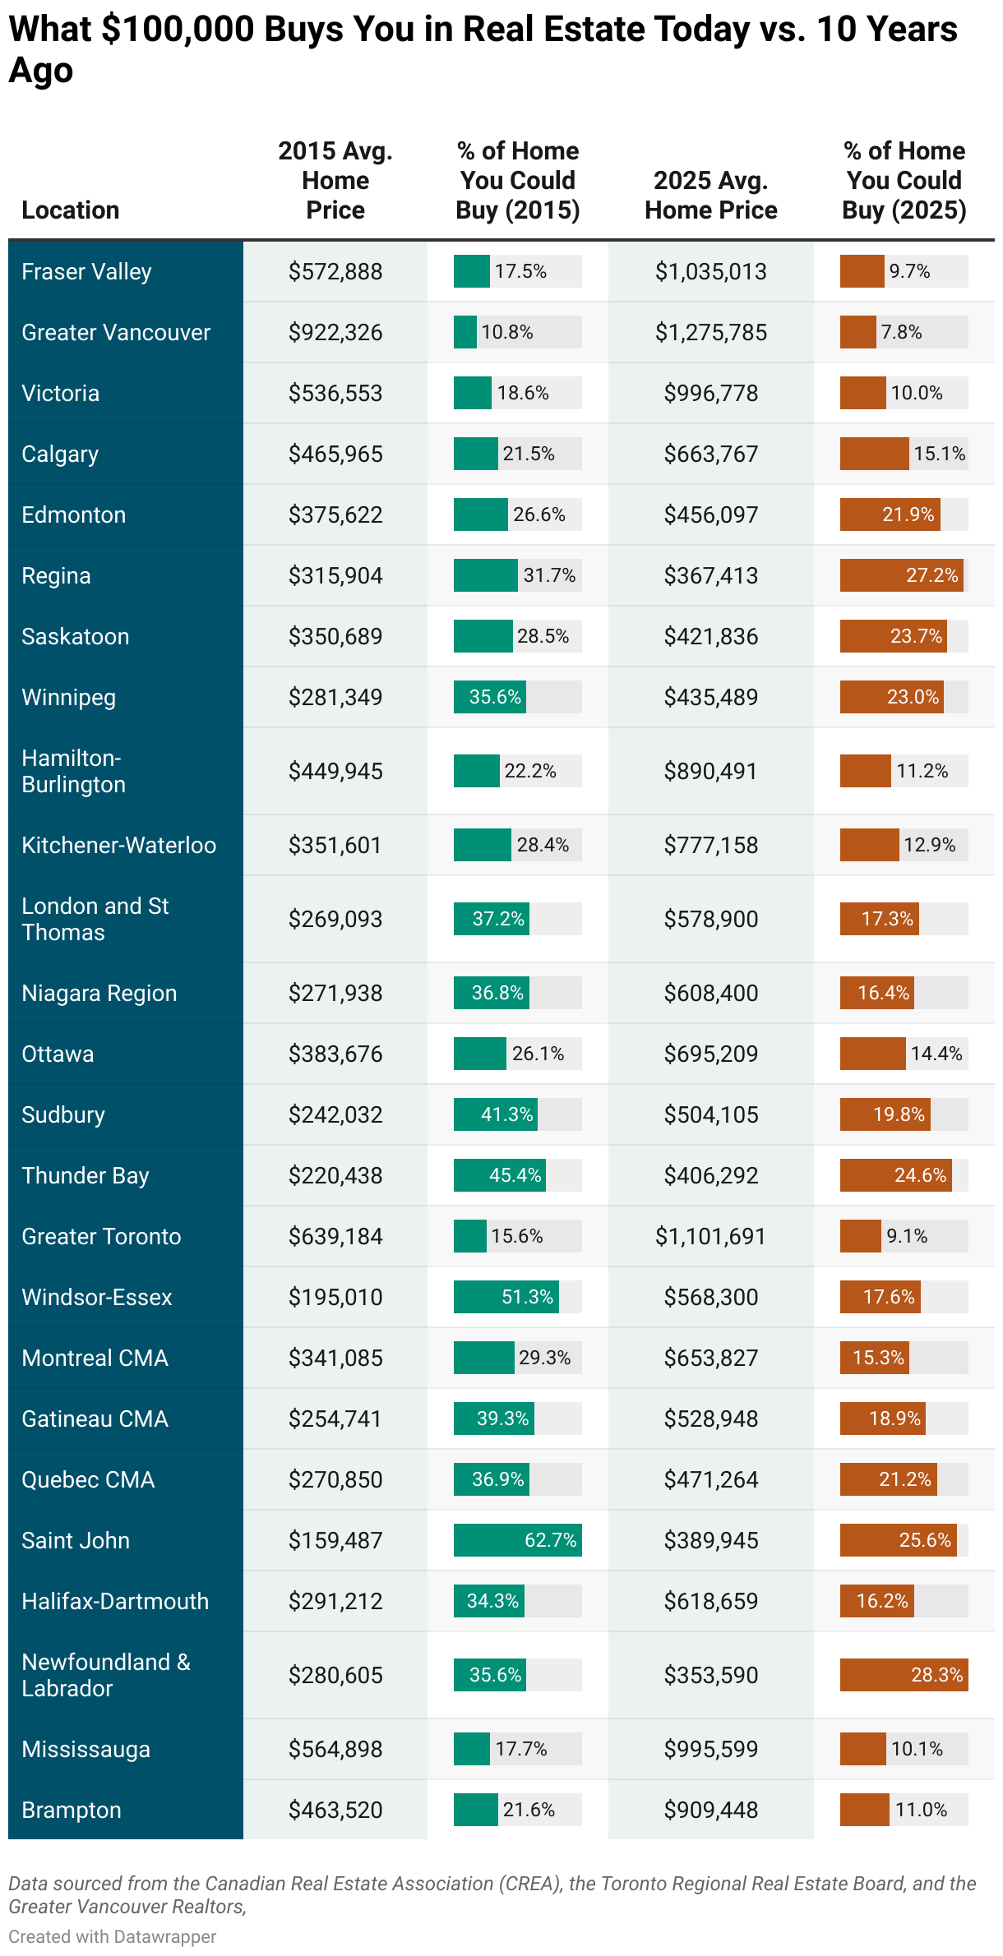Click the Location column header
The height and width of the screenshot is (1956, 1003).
pyautogui.click(x=71, y=210)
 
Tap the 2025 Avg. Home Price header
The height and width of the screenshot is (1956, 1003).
pyautogui.click(x=711, y=196)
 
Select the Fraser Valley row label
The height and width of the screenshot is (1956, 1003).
pyautogui.click(x=86, y=271)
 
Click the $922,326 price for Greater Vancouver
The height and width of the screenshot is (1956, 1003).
pyautogui.click(x=335, y=332)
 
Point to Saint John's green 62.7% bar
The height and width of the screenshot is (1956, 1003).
pyautogui.click(x=517, y=1540)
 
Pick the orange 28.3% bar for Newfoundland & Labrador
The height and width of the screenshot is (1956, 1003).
pyautogui.click(x=903, y=1675)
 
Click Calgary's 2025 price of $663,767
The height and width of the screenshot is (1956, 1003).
pyautogui.click(x=711, y=454)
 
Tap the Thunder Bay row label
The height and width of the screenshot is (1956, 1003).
pyautogui.click(x=86, y=1175)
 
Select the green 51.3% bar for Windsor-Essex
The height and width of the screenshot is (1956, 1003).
pyautogui.click(x=506, y=1297)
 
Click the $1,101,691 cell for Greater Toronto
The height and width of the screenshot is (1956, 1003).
pyautogui.click(x=711, y=1236)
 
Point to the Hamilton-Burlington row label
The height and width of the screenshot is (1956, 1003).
pyautogui.click(x=73, y=771)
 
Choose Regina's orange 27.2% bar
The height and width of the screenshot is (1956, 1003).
pyautogui.click(x=901, y=575)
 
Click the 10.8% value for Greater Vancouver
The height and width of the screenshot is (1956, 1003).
pyautogui.click(x=507, y=332)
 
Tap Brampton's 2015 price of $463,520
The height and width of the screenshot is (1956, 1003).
pyautogui.click(x=335, y=1810)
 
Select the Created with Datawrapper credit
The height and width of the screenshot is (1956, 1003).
pyautogui.click(x=113, y=1936)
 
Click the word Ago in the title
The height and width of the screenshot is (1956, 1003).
pyautogui.click(x=41, y=71)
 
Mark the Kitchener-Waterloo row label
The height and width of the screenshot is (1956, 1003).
pyautogui.click(x=119, y=845)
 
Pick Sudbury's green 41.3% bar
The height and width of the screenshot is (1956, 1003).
pyautogui.click(x=495, y=1114)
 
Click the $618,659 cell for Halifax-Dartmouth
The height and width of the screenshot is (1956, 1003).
pyautogui.click(x=711, y=1601)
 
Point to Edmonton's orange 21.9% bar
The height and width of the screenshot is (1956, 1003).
pyautogui.click(x=890, y=514)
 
